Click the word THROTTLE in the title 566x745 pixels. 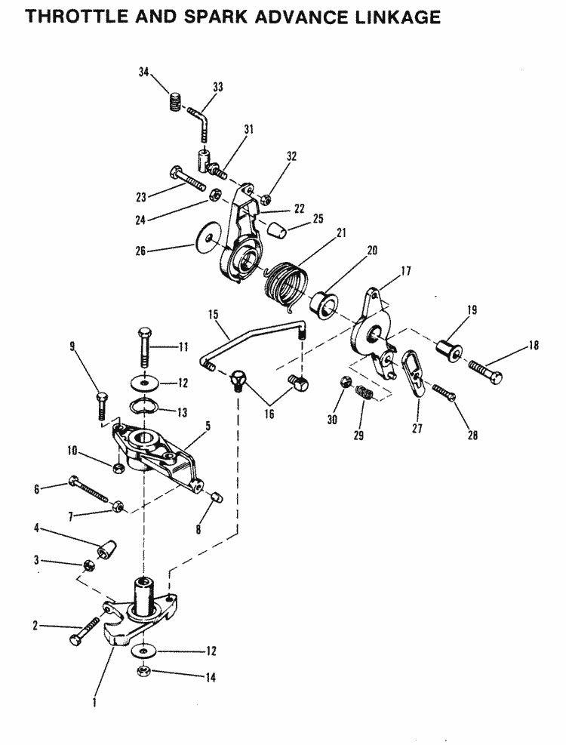point(77,17)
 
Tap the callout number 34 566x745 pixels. point(143,72)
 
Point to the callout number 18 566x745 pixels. point(534,346)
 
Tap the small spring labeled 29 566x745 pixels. point(365,393)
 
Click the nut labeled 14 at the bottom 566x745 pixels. point(143,671)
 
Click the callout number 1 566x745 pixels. point(94,701)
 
